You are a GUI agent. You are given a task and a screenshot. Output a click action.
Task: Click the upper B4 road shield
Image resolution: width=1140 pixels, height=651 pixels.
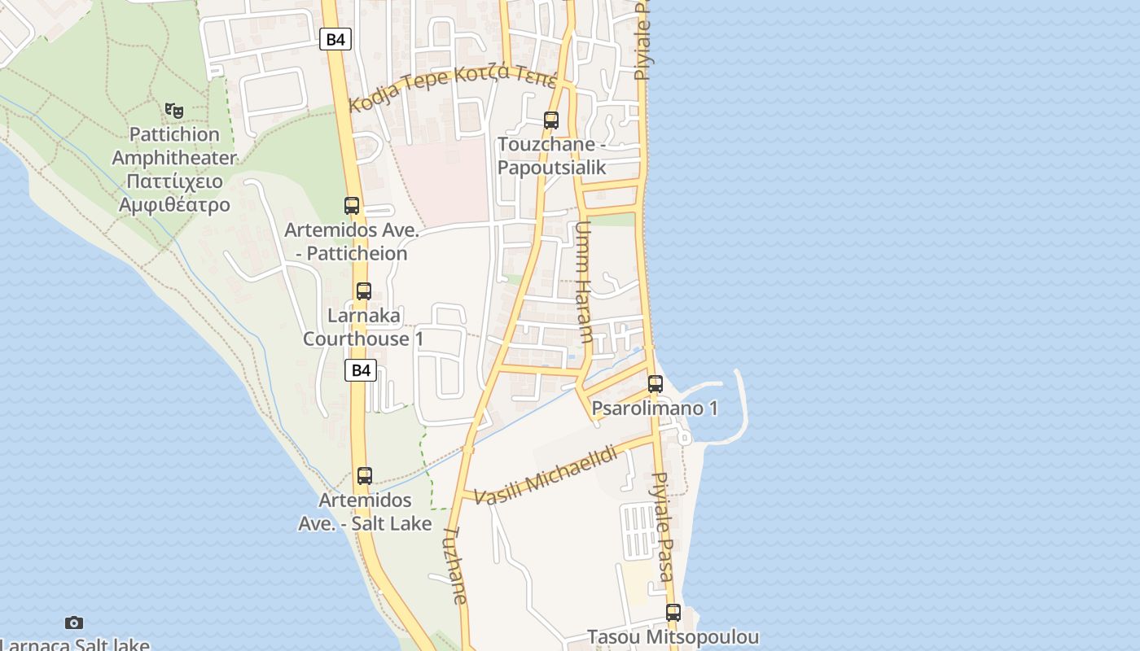coord(335,39)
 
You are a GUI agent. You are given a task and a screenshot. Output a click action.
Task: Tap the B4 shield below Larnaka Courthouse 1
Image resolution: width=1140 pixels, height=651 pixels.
coord(360,370)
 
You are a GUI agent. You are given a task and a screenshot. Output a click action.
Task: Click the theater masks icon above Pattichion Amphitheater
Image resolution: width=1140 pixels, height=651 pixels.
coord(173,110)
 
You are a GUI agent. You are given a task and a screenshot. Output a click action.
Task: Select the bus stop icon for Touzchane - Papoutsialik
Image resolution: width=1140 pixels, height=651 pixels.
coord(551,120)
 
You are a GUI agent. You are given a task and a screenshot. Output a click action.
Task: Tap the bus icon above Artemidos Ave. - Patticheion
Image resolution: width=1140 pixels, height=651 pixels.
coord(352,206)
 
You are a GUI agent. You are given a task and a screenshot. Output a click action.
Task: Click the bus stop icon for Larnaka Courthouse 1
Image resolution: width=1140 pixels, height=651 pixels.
coord(364,291)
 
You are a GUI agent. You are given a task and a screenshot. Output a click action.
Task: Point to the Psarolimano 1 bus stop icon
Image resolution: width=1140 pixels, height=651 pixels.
coord(655,383)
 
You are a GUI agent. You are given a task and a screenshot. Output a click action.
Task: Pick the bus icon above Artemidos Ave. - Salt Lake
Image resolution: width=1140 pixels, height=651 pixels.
coord(365,476)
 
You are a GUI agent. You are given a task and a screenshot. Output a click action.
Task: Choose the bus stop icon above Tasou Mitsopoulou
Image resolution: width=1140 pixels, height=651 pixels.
coord(673,613)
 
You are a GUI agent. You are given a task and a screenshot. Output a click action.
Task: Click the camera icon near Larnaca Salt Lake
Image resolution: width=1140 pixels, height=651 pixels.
coord(74,623)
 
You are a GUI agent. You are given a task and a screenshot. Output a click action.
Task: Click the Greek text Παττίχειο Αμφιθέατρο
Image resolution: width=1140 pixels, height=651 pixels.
coord(174,194)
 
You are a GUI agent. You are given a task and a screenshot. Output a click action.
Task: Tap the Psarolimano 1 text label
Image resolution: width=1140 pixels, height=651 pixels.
coord(655,408)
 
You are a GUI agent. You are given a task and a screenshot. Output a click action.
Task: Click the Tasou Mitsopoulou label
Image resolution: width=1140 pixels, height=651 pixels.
coord(673,637)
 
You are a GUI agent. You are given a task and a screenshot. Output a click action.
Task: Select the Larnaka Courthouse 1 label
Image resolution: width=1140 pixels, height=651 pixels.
coord(363,326)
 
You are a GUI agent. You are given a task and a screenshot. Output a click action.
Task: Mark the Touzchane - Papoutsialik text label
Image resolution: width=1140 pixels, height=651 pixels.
coord(552,156)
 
